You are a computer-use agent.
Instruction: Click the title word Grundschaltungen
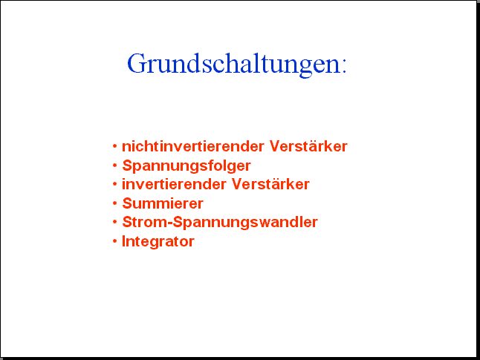pyautogui.click(x=233, y=65)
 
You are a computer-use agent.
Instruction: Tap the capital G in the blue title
pyautogui.click(x=136, y=63)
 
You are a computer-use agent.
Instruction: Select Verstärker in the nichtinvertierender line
pyautogui.click(x=308, y=146)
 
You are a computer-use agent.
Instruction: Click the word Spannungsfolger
pyautogui.click(x=187, y=166)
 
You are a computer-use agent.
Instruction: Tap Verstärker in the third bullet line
pyautogui.click(x=270, y=184)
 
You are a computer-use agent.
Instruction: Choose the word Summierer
pyautogui.click(x=163, y=203)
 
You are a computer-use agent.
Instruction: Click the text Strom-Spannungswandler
pyautogui.click(x=220, y=223)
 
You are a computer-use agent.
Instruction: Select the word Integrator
pyautogui.click(x=158, y=241)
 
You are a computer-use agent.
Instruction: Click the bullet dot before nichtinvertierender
pyautogui.click(x=114, y=146)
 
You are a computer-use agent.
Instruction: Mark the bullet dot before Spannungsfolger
pyautogui.click(x=114, y=166)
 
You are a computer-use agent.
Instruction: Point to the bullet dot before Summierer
pyautogui.click(x=114, y=203)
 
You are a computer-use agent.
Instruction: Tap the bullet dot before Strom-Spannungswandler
pyautogui.click(x=114, y=222)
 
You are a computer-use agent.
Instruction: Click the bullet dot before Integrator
pyautogui.click(x=114, y=241)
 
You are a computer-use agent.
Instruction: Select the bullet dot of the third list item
pyautogui.click(x=114, y=184)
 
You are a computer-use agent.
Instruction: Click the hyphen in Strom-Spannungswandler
pyautogui.click(x=170, y=223)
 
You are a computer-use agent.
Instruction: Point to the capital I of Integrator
pyautogui.click(x=124, y=241)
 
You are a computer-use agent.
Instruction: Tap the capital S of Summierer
pyautogui.click(x=127, y=203)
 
